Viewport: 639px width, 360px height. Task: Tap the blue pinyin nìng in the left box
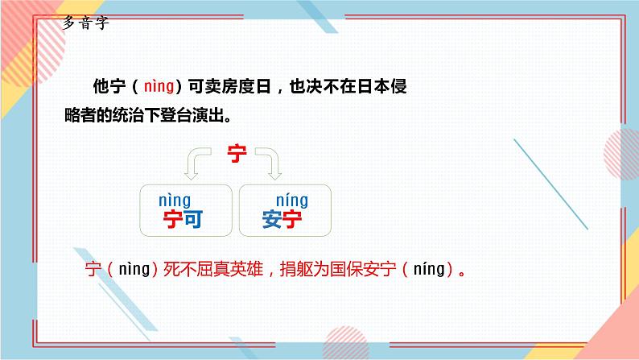[x=174, y=200]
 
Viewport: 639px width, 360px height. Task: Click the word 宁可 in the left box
[x=182, y=219]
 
